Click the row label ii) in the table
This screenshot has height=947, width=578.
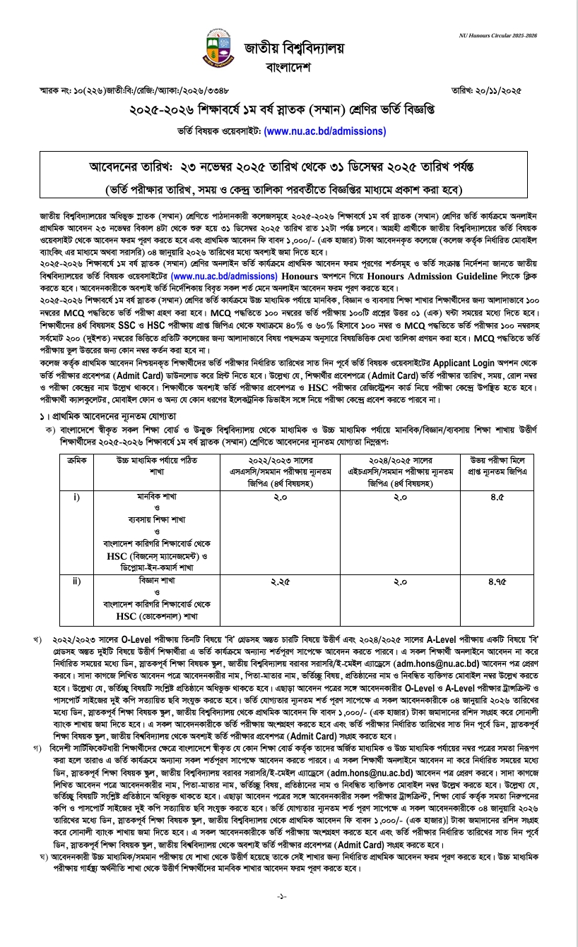(x=76, y=581)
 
